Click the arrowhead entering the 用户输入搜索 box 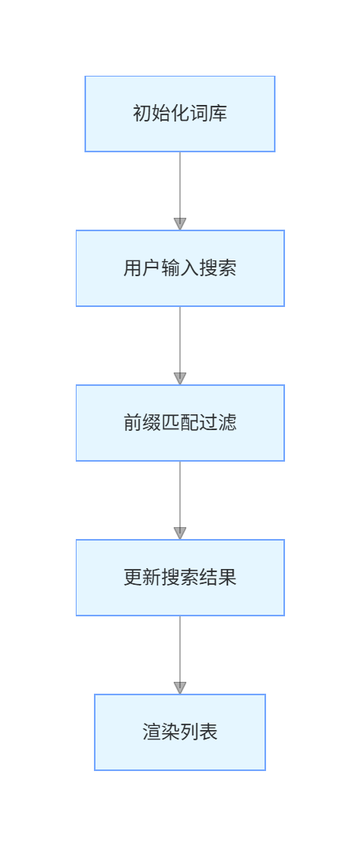[180, 224]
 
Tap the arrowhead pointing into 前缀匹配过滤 [180, 379]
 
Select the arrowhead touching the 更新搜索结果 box [180, 533]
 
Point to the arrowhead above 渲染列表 [180, 688]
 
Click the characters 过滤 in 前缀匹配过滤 [218, 423]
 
